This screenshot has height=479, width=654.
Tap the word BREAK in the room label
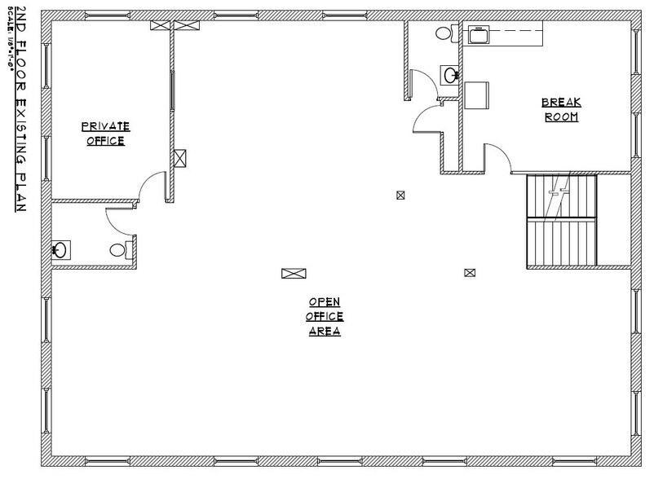(561, 103)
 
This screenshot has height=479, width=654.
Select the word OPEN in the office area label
(325, 301)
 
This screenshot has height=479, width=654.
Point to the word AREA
(325, 332)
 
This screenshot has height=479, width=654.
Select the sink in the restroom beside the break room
(449, 75)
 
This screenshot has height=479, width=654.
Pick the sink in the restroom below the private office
(60, 249)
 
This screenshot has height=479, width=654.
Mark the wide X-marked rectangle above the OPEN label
(293, 275)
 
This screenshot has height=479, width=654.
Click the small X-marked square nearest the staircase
(469, 273)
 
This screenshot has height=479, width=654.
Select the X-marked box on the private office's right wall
(181, 157)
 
